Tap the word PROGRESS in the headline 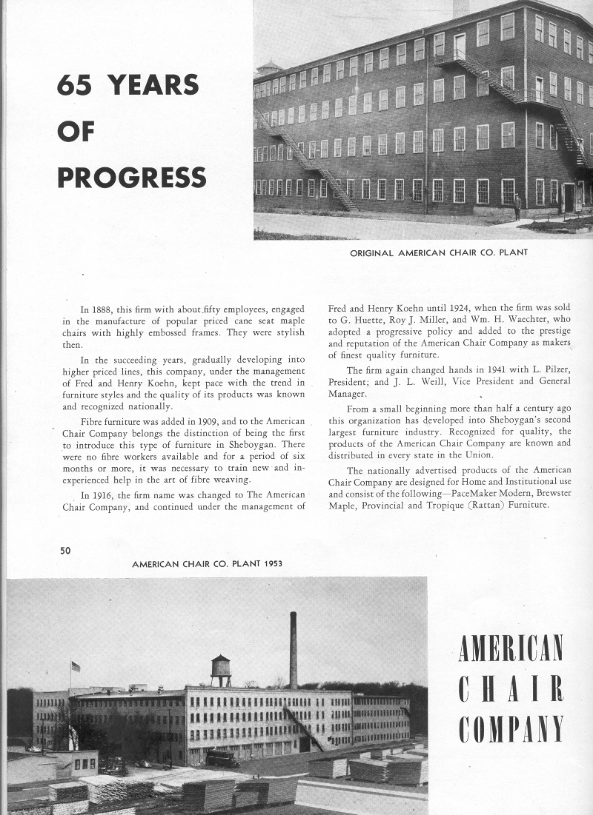(x=132, y=178)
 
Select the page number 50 (x=65, y=549)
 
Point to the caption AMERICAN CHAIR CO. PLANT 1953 (x=207, y=564)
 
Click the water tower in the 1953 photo (x=220, y=668)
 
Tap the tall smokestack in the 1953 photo (x=294, y=650)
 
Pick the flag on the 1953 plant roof (x=75, y=666)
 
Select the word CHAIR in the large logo (x=511, y=689)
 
